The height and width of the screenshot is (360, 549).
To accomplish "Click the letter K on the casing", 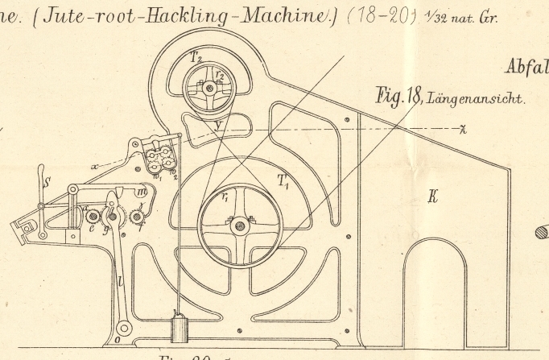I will point(432,195).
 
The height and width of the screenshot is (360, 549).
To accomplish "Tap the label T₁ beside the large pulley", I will point(285,183).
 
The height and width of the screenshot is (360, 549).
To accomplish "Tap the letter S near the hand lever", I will point(47,182).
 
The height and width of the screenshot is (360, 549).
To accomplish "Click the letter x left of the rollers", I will point(94,167).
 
